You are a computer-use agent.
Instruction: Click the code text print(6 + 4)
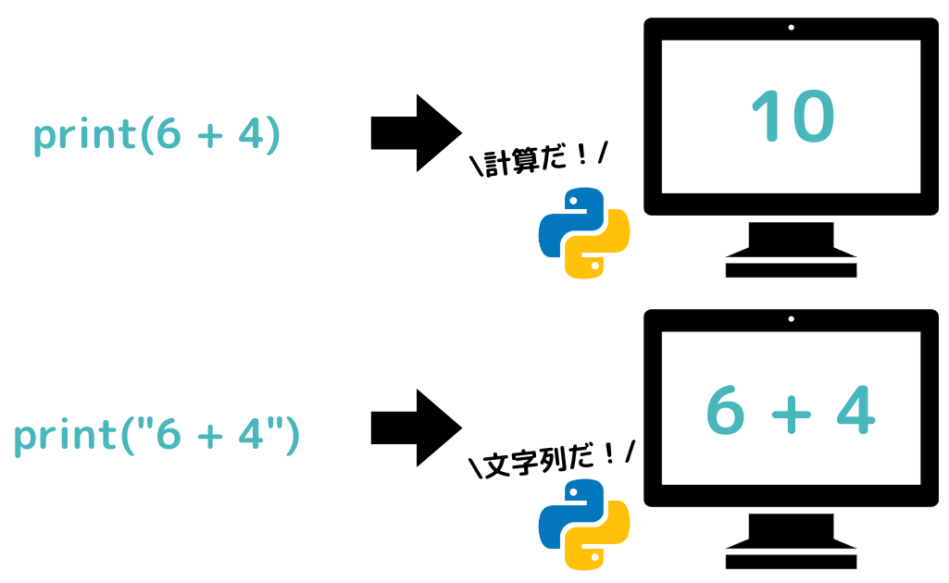coord(156,136)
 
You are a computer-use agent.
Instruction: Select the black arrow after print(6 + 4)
coord(416,132)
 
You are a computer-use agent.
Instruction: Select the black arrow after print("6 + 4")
coord(416,428)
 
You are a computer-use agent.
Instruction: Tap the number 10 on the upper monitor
coord(792,118)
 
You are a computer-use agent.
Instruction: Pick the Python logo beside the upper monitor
coord(584,232)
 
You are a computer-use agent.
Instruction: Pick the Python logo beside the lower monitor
coord(584,524)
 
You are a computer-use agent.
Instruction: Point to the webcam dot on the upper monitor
coord(791,28)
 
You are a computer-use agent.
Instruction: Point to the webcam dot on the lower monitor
coord(791,319)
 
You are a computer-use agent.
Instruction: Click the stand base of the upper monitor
coord(791,269)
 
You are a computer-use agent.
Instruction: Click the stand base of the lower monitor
coord(791,561)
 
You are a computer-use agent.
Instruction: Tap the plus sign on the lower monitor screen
coord(790,413)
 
